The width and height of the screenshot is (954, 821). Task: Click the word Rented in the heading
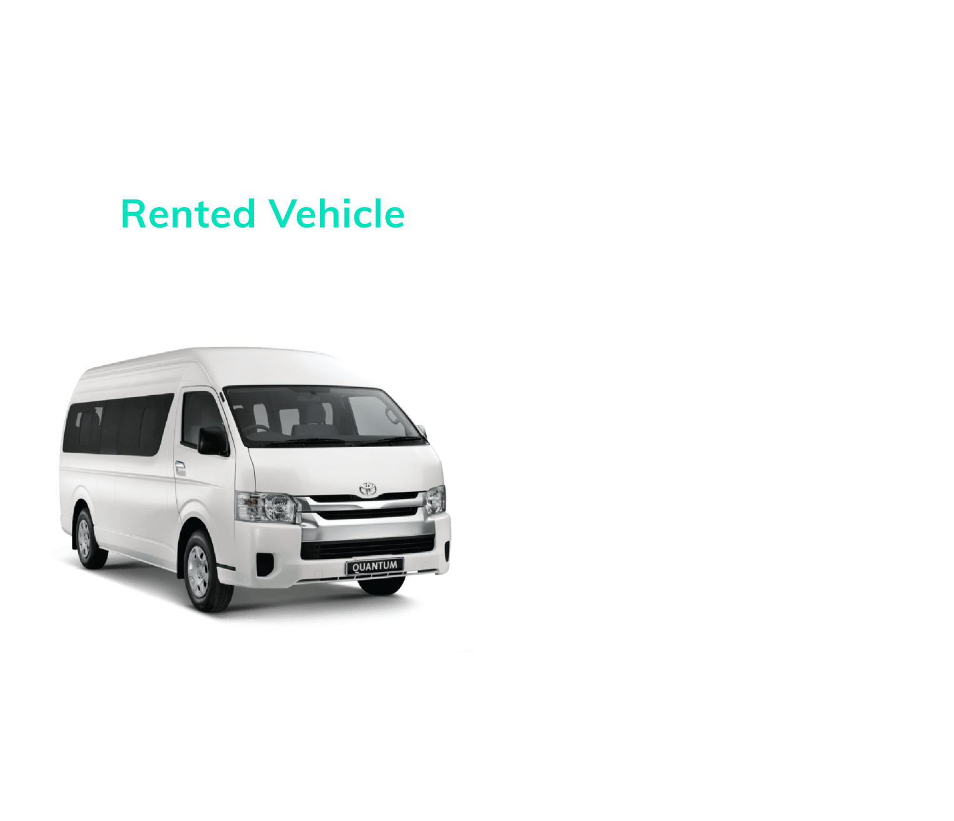click(x=188, y=214)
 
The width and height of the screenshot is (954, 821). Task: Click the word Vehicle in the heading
click(x=336, y=214)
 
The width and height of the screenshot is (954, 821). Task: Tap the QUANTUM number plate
click(x=374, y=566)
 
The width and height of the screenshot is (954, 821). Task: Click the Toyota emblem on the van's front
click(x=368, y=488)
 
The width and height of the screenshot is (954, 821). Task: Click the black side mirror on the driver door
click(x=213, y=441)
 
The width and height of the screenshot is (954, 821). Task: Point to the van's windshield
click(x=323, y=416)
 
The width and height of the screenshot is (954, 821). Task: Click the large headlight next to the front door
click(x=267, y=507)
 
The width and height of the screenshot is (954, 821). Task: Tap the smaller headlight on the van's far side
click(x=435, y=500)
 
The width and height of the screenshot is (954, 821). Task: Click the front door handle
click(x=181, y=469)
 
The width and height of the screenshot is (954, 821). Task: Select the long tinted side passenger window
click(x=118, y=425)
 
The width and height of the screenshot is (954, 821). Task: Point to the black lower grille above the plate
click(x=368, y=547)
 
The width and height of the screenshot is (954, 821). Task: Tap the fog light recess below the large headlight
click(x=264, y=564)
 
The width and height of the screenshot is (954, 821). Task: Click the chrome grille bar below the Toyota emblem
click(x=364, y=505)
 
